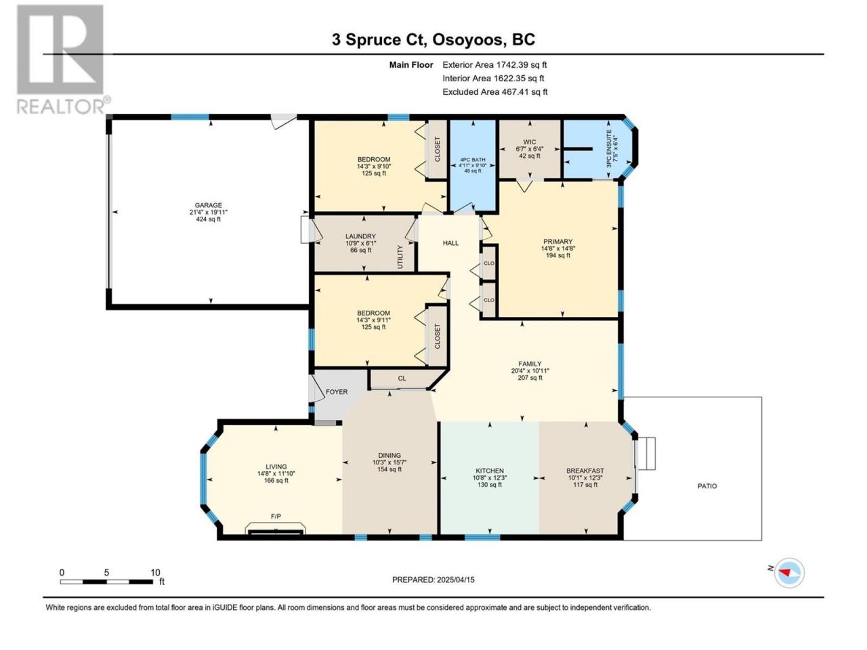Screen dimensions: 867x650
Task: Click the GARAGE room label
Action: click(x=208, y=205)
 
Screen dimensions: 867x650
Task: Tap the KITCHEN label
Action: click(x=490, y=471)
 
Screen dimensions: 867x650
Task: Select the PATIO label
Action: click(x=707, y=486)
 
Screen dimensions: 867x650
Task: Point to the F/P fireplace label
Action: click(x=276, y=517)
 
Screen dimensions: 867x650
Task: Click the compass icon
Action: click(x=789, y=573)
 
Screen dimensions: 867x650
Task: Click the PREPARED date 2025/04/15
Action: click(x=455, y=580)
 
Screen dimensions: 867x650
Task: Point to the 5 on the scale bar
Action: click(x=106, y=572)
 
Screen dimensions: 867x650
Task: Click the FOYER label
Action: click(x=337, y=392)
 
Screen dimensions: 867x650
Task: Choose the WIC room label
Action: click(x=529, y=142)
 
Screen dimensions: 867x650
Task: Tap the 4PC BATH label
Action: click(x=472, y=160)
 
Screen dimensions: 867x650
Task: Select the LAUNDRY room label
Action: click(x=360, y=236)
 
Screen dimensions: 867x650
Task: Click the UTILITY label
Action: click(x=400, y=257)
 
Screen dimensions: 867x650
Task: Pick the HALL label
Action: click(x=450, y=243)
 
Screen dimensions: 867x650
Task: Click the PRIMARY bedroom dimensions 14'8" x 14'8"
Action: click(x=557, y=248)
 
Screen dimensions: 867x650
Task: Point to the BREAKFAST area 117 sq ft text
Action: click(x=585, y=485)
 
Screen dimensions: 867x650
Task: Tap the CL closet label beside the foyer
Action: click(x=402, y=378)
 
